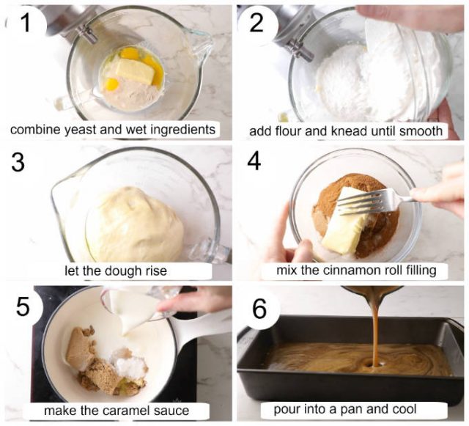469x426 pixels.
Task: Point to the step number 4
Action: tap(254, 161)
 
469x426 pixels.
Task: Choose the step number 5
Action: tap(23, 306)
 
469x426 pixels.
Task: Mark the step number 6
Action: tap(259, 309)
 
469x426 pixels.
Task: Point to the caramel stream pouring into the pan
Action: tap(374, 323)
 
